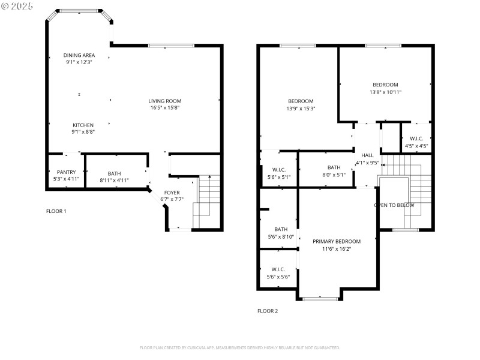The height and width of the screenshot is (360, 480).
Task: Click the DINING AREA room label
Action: tap(80, 55)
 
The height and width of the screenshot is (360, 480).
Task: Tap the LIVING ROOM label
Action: tap(165, 101)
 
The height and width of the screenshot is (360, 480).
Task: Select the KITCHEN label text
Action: tap(83, 125)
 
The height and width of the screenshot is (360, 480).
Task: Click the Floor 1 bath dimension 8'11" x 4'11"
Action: tap(114, 179)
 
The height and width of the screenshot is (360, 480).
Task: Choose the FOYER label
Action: tap(172, 193)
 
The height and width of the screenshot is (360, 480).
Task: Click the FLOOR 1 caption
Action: tap(56, 211)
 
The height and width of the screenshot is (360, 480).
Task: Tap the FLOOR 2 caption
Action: tap(268, 311)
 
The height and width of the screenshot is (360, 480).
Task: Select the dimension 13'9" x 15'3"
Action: tap(301, 109)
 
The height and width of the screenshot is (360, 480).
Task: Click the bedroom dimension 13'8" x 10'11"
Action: tap(385, 92)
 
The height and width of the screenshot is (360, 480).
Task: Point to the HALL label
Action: tap(367, 155)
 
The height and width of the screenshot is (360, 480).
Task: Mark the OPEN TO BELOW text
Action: tap(394, 205)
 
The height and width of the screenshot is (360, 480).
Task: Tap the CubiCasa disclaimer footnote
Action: tap(240, 347)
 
